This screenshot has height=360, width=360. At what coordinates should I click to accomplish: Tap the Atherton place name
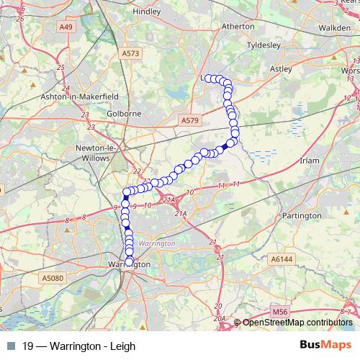click(x=239, y=26)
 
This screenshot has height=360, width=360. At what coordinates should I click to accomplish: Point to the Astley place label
click(x=280, y=69)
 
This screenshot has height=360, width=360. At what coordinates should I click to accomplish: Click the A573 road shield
click(x=130, y=53)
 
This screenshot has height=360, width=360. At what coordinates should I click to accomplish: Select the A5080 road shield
click(x=52, y=278)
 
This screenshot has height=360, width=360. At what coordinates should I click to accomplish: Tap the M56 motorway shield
click(x=280, y=312)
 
